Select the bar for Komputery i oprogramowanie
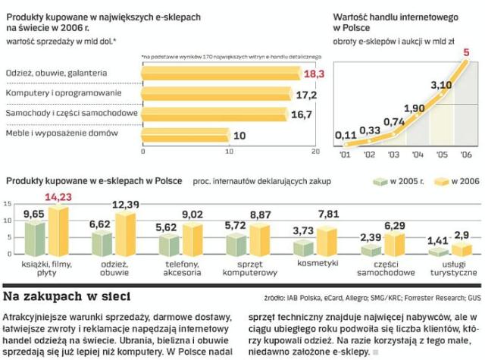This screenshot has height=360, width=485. point(220,94)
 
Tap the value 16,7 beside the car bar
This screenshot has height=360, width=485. point(302,115)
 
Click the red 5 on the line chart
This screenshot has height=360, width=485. point(466,53)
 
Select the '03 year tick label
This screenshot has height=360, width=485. point(393,154)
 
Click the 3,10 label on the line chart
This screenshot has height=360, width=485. point(440,85)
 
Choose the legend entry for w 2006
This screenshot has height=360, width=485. point(462,182)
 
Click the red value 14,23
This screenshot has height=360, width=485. point(59,198)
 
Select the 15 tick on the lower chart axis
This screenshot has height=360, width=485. point(7,204)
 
